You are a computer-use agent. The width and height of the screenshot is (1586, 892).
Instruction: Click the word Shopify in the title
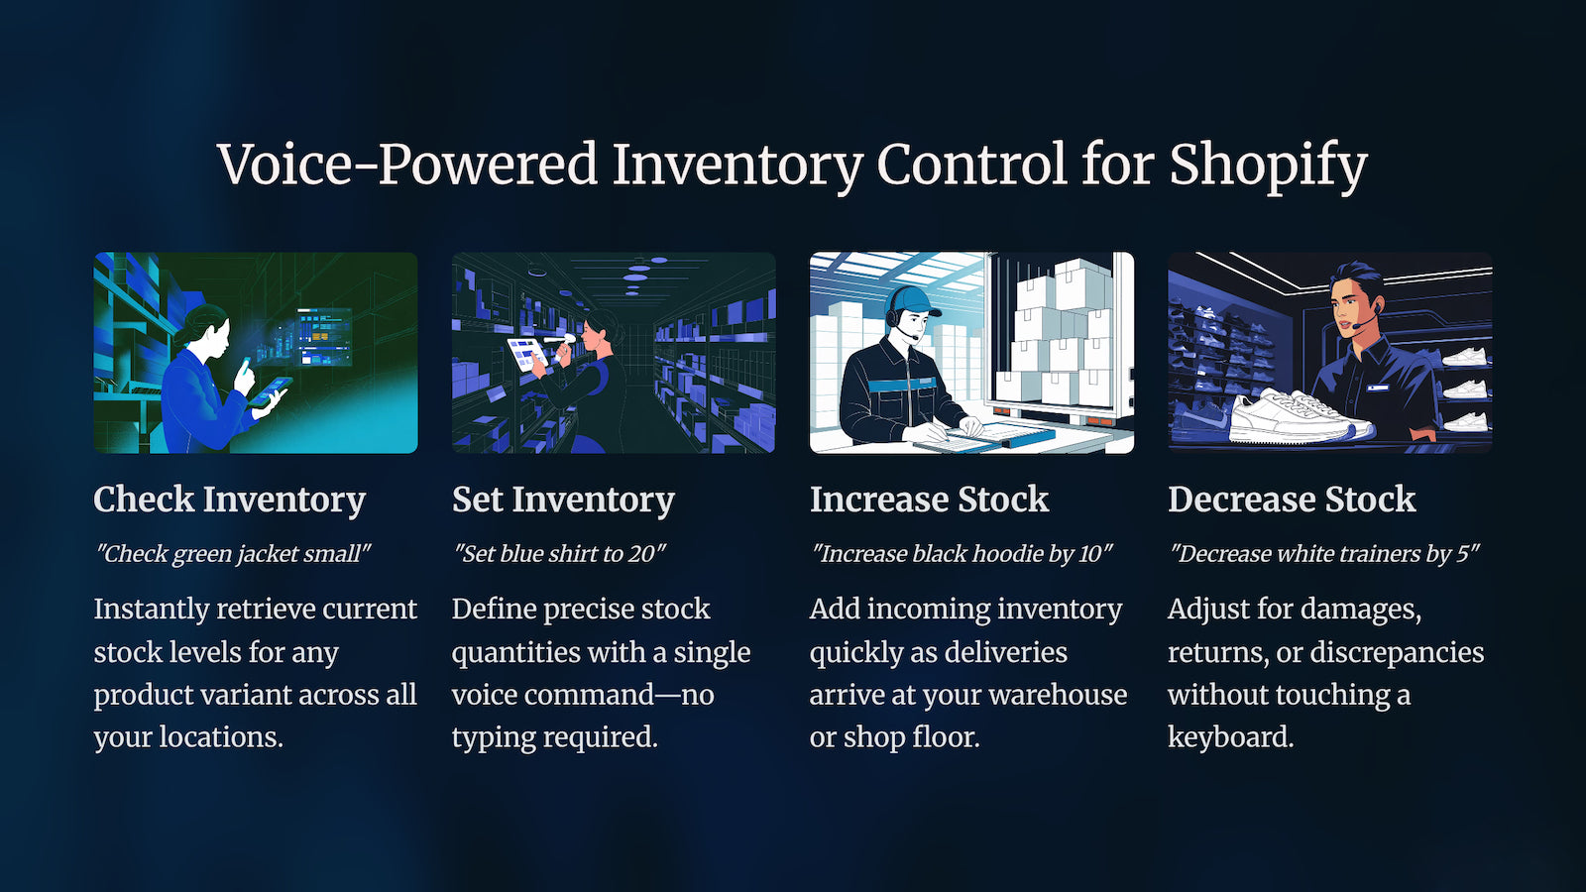[x=1268, y=165]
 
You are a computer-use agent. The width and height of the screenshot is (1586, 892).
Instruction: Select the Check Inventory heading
[x=229, y=500]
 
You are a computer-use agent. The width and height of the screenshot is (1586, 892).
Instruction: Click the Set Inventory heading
[x=563, y=500]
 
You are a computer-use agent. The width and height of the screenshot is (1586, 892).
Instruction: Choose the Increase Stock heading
[x=929, y=500]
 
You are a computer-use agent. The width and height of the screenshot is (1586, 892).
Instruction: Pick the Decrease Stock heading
[x=1292, y=500]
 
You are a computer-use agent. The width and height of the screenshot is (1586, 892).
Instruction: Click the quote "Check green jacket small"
[x=233, y=554]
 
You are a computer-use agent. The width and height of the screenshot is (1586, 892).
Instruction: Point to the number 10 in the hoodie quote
[x=1091, y=553]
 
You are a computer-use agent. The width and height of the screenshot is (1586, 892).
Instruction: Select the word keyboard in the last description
[x=1230, y=737]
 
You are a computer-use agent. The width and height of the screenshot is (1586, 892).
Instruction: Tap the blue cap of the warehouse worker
[x=913, y=301]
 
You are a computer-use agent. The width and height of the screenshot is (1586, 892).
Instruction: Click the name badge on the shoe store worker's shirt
[x=1378, y=388]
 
